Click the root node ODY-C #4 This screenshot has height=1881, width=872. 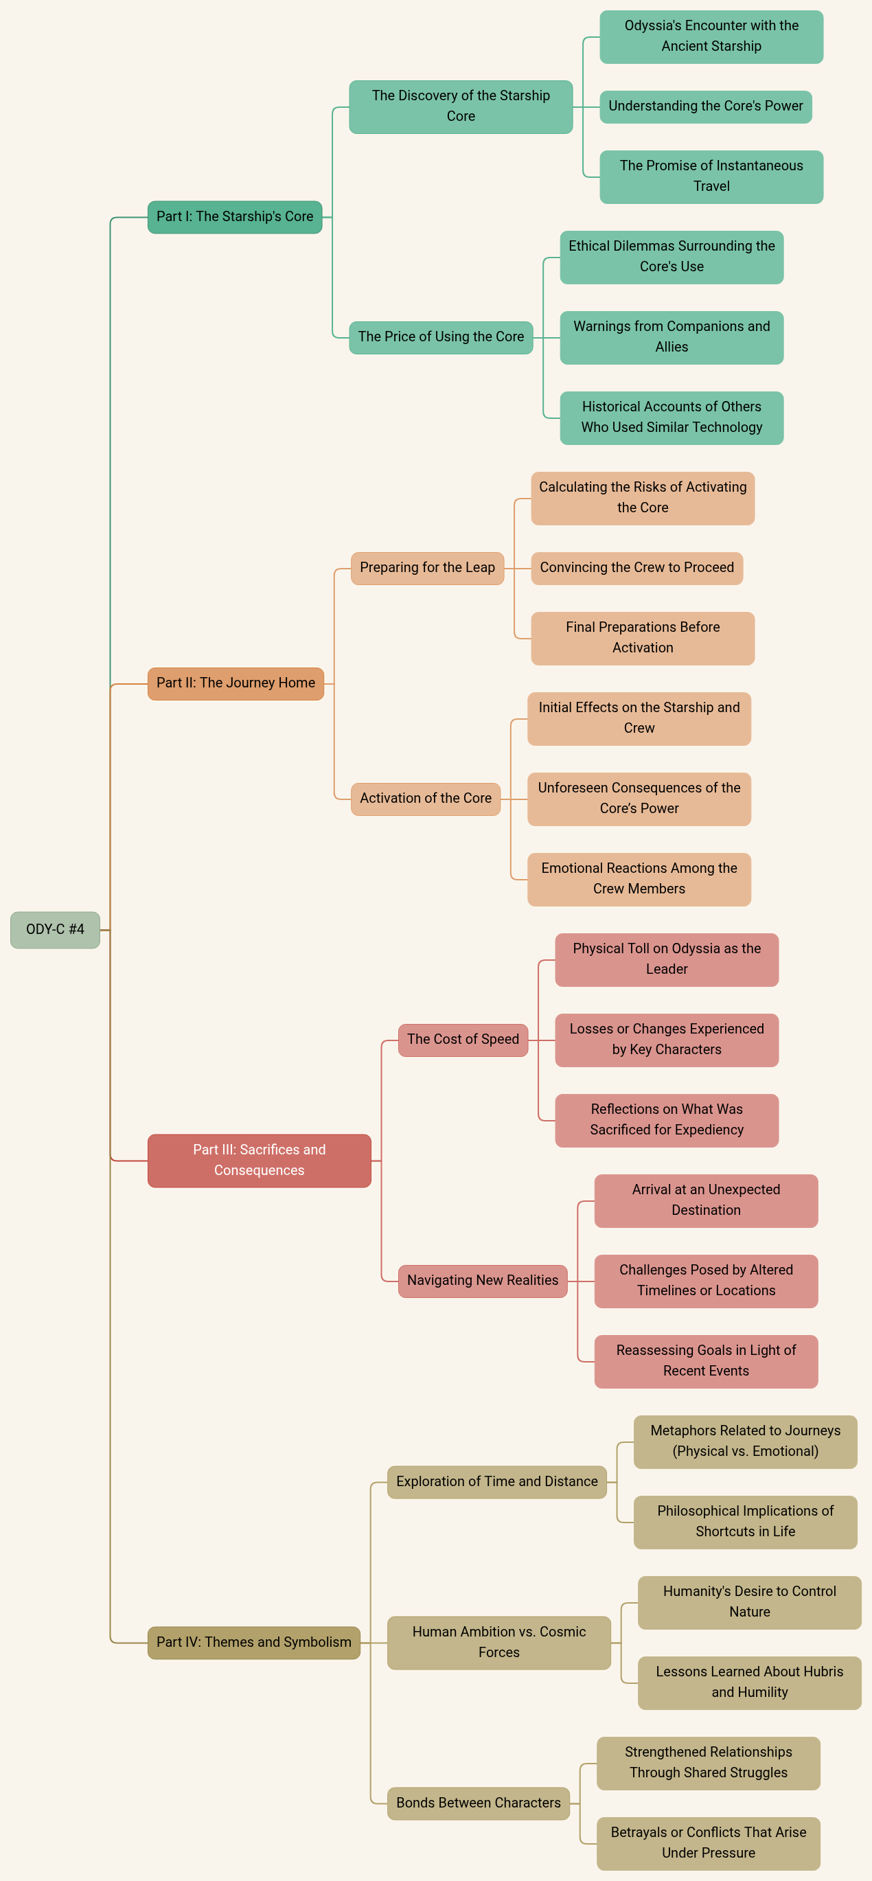click(55, 930)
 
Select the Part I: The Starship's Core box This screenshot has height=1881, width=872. click(234, 217)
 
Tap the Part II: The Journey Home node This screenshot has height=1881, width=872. click(235, 683)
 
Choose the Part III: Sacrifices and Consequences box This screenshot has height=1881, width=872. click(260, 1161)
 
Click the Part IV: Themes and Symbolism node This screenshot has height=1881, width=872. click(253, 1642)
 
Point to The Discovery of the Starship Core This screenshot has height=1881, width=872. click(460, 106)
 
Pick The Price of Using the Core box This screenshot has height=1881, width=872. click(440, 337)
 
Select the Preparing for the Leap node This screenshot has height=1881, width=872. click(427, 568)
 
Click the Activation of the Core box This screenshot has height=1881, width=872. click(425, 799)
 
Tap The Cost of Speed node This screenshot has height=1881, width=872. click(462, 1040)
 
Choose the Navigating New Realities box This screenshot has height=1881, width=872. click(482, 1281)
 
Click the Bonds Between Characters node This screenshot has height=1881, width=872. click(478, 1803)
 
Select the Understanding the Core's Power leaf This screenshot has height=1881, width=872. click(704, 106)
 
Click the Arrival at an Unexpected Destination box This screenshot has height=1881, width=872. click(705, 1200)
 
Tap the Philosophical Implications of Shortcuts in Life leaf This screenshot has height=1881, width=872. click(745, 1522)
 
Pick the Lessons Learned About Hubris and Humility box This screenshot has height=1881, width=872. click(749, 1683)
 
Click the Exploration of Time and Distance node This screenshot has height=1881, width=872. click(496, 1481)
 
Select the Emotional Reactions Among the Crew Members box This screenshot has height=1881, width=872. click(639, 879)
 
